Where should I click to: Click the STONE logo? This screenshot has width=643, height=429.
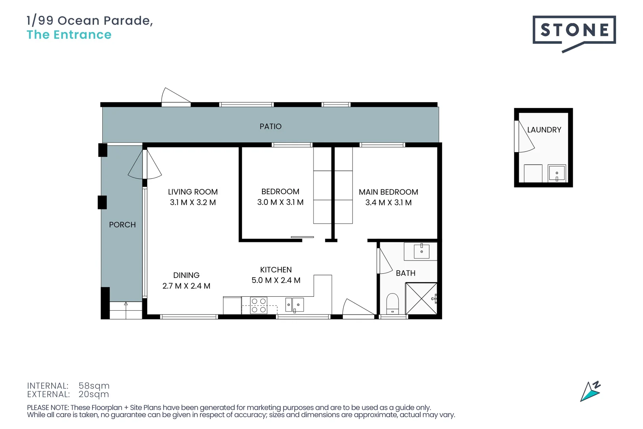(574, 31)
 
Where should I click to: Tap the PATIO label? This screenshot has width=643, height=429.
(270, 126)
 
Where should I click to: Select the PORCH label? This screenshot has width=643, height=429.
(122, 225)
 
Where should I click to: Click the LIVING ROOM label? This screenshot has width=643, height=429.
(193, 192)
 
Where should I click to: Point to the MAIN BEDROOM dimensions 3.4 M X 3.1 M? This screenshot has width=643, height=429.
(388, 203)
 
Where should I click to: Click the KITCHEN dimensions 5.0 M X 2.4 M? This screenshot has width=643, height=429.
(276, 280)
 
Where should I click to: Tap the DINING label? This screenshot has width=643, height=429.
(186, 275)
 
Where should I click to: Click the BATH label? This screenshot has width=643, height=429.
(405, 273)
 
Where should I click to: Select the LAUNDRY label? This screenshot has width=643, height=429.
(544, 130)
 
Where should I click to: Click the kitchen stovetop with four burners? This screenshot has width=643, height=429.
(258, 305)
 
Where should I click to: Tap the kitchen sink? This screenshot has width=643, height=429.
(295, 305)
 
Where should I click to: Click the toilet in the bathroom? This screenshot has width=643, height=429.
(393, 304)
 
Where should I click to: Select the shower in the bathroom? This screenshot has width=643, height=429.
(421, 298)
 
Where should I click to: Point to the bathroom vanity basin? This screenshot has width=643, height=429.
(422, 251)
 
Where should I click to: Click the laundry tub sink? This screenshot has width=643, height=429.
(556, 173)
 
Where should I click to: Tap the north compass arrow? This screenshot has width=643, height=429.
(590, 392)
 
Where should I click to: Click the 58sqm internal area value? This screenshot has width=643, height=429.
(94, 386)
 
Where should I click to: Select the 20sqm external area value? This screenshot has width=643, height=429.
(94, 394)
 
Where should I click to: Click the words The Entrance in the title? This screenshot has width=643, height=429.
(69, 35)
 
